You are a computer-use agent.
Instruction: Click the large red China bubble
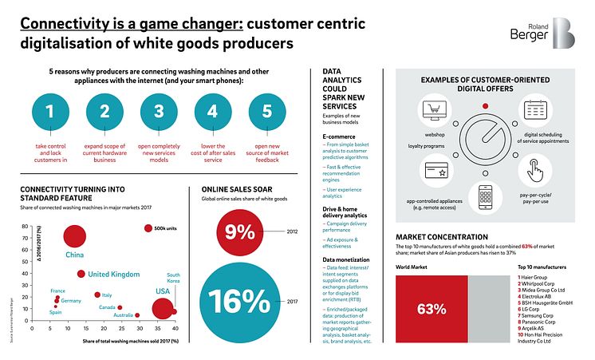pos(75,236)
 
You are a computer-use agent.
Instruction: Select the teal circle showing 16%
pos(239,300)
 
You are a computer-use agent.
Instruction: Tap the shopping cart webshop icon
pos(435,114)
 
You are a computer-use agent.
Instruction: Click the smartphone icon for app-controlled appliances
pos(484,196)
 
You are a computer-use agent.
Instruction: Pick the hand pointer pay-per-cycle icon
pos(535,170)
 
